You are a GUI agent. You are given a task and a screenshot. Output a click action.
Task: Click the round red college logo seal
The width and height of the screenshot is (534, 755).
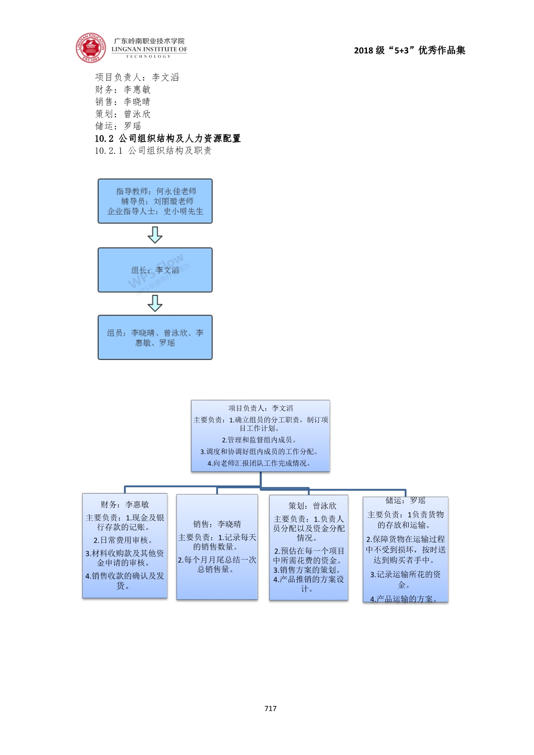pyautogui.click(x=90, y=47)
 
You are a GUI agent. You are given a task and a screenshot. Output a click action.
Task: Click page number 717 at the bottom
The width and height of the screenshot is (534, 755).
pyautogui.click(x=270, y=708)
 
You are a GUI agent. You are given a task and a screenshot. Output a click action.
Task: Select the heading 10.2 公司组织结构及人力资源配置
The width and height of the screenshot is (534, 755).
pyautogui.click(x=168, y=138)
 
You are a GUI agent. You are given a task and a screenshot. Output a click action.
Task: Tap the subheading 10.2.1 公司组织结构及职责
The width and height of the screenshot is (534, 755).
pyautogui.click(x=153, y=150)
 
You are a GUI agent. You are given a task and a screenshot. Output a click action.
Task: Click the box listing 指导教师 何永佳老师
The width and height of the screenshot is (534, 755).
pyautogui.click(x=155, y=201)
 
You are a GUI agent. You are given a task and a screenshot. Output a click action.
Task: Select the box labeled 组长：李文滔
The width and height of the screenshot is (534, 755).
pyautogui.click(x=155, y=270)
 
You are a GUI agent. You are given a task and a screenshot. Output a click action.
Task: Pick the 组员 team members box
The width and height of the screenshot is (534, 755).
pyautogui.click(x=155, y=337)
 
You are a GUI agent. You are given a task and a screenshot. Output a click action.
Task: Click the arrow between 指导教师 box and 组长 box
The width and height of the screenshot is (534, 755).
pyautogui.click(x=155, y=235)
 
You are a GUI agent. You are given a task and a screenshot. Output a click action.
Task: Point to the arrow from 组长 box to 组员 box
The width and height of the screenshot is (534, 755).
pyautogui.click(x=155, y=303)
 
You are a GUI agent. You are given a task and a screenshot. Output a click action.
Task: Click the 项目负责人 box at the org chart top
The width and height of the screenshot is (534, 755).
pyautogui.click(x=261, y=436)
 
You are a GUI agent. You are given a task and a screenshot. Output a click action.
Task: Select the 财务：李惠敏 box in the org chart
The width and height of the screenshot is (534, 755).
pyautogui.click(x=125, y=545)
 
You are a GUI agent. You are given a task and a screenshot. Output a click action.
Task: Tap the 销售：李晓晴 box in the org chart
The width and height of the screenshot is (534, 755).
pyautogui.click(x=217, y=547)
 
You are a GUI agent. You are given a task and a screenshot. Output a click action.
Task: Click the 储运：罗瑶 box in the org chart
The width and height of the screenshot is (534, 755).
pyautogui.click(x=405, y=550)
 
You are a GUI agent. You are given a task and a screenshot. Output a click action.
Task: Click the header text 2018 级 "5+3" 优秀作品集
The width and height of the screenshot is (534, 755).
pyautogui.click(x=410, y=50)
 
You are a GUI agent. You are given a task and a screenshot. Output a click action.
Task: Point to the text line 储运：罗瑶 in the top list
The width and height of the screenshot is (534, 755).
pyautogui.click(x=118, y=126)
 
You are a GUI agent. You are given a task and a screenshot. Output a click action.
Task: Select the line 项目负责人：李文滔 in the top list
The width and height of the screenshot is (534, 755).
pyautogui.click(x=137, y=77)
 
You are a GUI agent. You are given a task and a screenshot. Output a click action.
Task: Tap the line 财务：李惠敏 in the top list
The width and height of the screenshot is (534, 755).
pyautogui.click(x=123, y=90)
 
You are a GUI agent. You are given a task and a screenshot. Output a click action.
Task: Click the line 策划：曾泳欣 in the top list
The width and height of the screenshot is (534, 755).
pyautogui.click(x=123, y=114)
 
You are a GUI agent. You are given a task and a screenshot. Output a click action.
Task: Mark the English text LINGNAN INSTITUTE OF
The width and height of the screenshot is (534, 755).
pyautogui.click(x=149, y=49)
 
